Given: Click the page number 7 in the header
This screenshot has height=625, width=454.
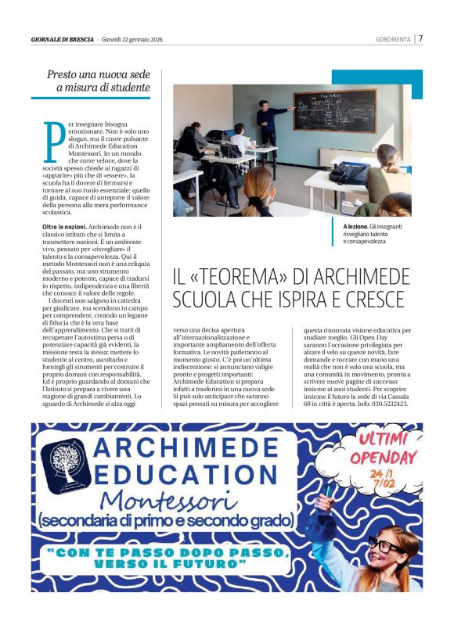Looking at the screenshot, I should [x=420, y=38].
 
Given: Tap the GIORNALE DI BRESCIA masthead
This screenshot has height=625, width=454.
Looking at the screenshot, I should [x=62, y=39].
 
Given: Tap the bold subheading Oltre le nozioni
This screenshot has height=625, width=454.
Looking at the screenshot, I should [x=60, y=225].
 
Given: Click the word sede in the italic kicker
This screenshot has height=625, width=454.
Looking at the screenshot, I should [x=135, y=75].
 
